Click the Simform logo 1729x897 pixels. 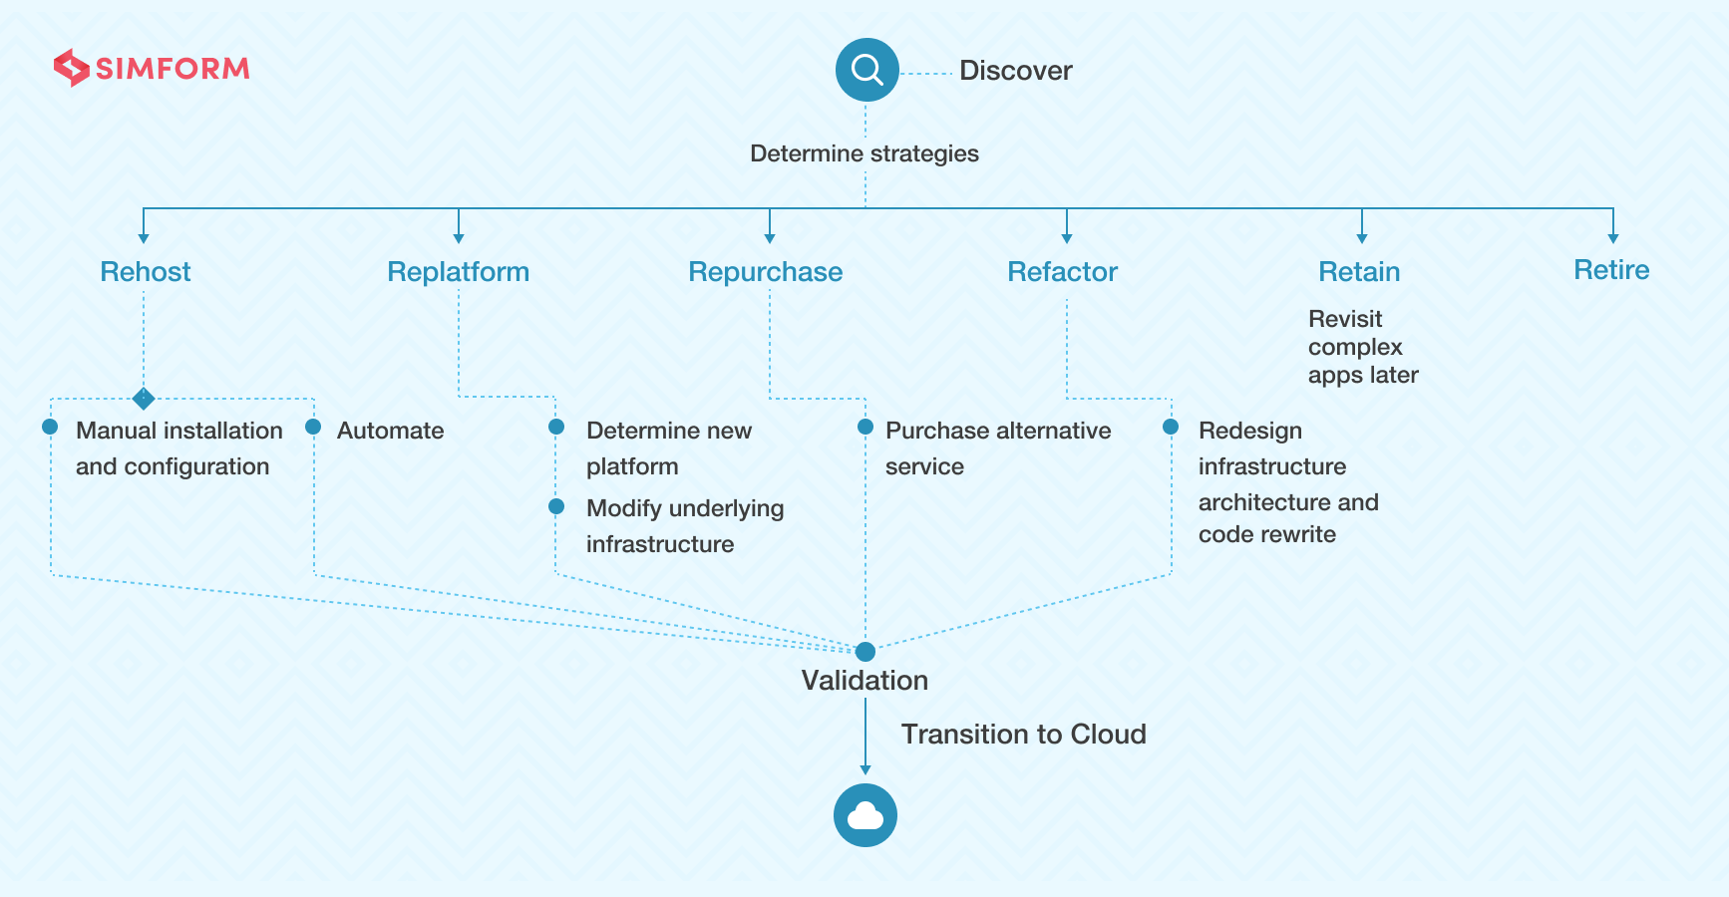click(x=152, y=68)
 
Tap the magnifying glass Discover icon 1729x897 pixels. click(x=867, y=70)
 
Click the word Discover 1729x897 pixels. click(x=1015, y=71)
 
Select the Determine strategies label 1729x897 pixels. click(x=864, y=153)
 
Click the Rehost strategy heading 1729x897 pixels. click(x=146, y=271)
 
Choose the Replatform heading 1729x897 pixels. click(x=459, y=271)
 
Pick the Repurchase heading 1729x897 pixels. click(x=766, y=271)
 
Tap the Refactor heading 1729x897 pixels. click(x=1063, y=271)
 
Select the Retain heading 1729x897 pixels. click(x=1360, y=271)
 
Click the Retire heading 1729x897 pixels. click(x=1611, y=269)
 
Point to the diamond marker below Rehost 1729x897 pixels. click(x=144, y=399)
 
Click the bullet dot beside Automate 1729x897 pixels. click(x=313, y=427)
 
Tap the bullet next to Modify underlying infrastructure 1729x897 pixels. click(x=556, y=506)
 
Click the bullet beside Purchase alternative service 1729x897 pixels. click(x=865, y=427)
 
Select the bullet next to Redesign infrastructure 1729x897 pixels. click(x=1171, y=427)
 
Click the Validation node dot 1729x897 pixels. click(x=865, y=652)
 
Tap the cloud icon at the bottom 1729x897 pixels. click(x=865, y=815)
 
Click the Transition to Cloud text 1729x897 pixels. click(x=1024, y=735)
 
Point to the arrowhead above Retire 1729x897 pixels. click(x=1613, y=238)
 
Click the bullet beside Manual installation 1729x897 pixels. click(x=50, y=427)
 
